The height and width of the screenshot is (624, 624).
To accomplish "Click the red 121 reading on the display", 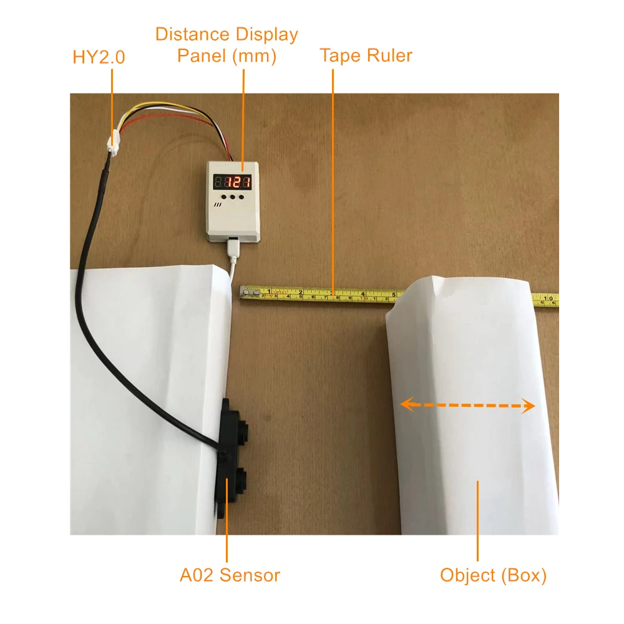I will point(238,182).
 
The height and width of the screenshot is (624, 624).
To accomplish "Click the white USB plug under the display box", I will point(233,248).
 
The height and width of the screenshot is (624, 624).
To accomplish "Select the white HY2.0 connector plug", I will point(113,147).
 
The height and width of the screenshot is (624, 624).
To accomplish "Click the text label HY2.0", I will point(99,57).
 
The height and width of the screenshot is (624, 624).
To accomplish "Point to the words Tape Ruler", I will point(366,56).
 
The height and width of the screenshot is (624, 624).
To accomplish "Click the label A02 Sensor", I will point(230,575).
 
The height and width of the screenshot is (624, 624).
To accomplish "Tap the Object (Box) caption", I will point(493,575).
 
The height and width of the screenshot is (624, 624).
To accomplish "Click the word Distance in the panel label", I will point(192,34).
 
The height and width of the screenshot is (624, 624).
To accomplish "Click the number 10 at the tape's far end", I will point(550,299).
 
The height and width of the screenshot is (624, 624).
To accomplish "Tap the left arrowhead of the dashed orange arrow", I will point(406,404).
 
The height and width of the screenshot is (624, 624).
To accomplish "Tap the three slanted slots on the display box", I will point(218,203).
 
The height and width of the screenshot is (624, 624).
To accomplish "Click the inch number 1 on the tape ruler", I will point(270,291).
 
